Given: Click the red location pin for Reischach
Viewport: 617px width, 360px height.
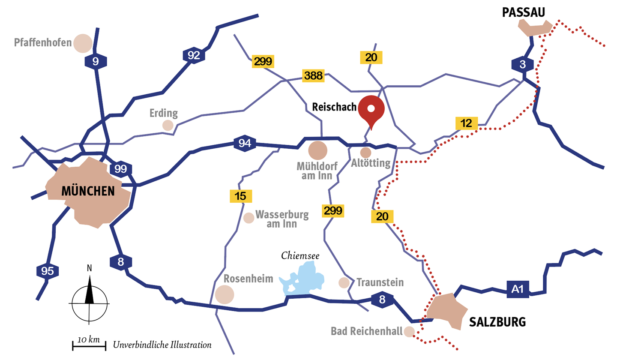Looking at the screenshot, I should click(x=371, y=109).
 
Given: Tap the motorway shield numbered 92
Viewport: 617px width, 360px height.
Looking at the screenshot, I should click(x=194, y=55).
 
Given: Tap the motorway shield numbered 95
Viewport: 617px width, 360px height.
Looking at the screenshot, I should click(x=48, y=271).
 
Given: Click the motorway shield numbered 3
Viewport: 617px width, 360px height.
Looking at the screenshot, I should click(x=522, y=65).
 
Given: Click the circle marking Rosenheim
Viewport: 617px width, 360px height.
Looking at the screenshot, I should click(x=225, y=294).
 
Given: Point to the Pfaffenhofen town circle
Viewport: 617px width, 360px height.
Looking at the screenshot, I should click(x=83, y=43).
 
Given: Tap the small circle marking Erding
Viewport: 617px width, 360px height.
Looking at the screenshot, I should click(x=168, y=125).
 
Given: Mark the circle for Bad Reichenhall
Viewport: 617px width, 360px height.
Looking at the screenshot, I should click(x=409, y=331).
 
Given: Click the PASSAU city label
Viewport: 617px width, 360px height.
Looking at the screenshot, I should click(x=523, y=13).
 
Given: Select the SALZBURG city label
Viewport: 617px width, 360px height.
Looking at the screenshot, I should click(x=497, y=322).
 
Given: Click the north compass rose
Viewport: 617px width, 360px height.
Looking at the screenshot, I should click(x=90, y=302).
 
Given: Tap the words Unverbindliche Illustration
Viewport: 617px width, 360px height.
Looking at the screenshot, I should click(x=162, y=344).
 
